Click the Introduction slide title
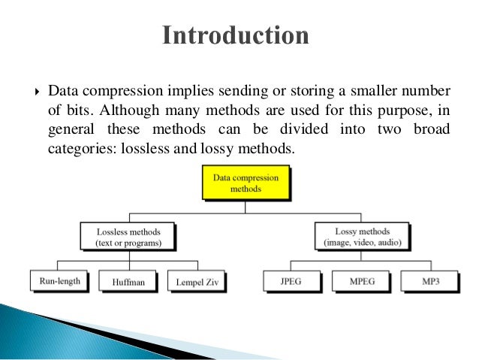(236, 36)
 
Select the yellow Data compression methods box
(246, 183)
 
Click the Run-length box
(59, 281)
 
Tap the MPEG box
(363, 282)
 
